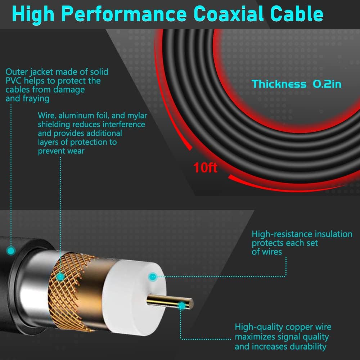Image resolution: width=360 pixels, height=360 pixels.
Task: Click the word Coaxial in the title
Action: coord(229,14)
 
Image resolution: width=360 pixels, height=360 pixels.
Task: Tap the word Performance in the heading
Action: coord(124,14)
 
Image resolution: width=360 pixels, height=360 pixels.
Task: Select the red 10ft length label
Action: coord(205,167)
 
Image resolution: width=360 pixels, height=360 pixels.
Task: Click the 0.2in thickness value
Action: coord(327,84)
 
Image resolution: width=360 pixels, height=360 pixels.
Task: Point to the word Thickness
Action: coord(279,84)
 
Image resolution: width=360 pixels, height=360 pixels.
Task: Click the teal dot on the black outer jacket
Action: coord(10,251)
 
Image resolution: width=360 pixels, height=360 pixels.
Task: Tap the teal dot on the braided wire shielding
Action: coord(60,276)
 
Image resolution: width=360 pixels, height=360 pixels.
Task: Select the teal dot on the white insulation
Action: coord(153,276)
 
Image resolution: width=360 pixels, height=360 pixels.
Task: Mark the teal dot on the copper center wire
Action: coord(181,306)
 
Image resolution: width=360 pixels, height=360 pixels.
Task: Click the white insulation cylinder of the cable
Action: coord(134,297)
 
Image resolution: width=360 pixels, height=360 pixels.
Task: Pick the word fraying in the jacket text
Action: coord(36,99)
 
